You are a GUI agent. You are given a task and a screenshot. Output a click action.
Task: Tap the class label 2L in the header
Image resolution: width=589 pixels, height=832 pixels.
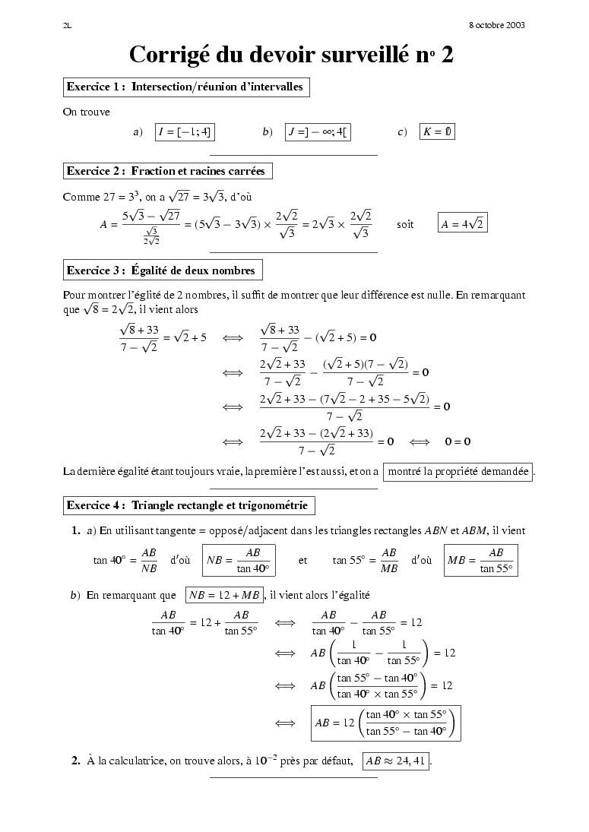67,25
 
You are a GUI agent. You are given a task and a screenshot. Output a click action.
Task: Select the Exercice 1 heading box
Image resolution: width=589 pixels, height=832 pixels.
185,87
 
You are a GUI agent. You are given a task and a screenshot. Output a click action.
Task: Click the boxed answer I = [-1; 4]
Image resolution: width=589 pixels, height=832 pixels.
184,131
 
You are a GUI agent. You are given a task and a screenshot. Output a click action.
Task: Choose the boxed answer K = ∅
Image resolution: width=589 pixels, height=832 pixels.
437,131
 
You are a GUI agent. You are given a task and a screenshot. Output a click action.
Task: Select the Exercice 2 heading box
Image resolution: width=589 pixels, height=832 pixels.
166,171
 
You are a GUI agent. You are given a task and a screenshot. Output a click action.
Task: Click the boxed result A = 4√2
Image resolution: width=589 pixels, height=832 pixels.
463,224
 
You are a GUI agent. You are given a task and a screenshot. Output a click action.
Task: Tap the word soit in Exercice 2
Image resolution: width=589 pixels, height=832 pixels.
405,225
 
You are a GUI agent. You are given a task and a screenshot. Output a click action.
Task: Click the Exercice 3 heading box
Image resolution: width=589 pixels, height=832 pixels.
162,270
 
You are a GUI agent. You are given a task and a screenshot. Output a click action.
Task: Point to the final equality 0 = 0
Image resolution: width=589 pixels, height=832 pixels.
458,441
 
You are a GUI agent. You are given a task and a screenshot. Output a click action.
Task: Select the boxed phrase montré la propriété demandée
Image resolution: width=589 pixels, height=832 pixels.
458,472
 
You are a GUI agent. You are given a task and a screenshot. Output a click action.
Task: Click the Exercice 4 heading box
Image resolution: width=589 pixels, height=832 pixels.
188,505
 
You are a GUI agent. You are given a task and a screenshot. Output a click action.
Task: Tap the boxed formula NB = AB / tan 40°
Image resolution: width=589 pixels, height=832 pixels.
239,560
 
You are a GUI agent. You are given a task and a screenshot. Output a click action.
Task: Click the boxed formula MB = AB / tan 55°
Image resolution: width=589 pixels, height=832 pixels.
480,560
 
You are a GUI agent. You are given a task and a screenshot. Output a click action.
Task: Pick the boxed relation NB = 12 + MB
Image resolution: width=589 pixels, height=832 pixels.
224,595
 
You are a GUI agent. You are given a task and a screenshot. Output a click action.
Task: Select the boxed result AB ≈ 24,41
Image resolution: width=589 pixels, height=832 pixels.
396,761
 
